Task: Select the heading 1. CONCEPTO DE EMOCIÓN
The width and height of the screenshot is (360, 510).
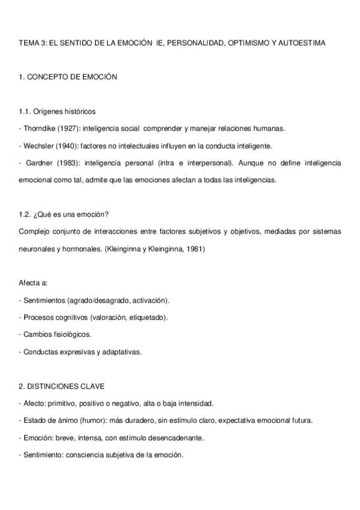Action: [67, 77]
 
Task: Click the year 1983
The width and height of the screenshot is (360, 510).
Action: [70, 163]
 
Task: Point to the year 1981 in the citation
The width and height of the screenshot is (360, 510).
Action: [194, 248]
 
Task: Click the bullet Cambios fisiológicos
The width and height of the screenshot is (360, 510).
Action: [57, 334]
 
